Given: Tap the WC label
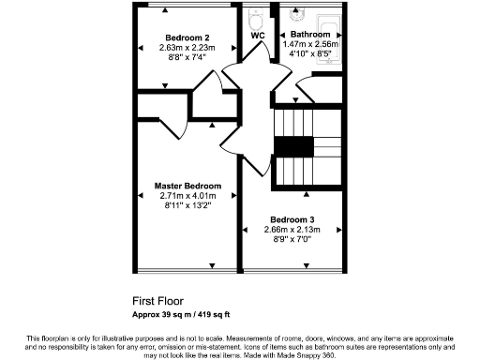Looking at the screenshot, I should coord(258,36).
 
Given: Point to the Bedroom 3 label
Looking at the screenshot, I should coord(292,219).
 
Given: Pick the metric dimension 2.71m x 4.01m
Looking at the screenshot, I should coord(187,196).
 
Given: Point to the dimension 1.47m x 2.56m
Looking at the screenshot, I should coord(309,44).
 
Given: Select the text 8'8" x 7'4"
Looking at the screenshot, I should coord(187,57).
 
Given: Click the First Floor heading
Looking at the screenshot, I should coord(157,302).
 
